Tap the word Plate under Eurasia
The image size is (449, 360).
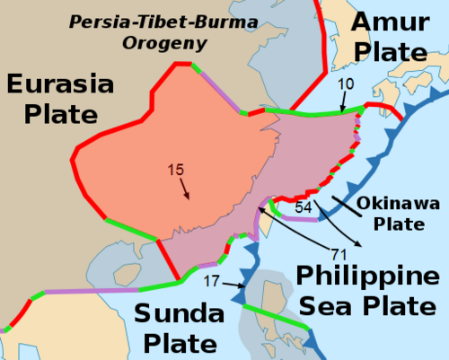click(52, 114)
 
